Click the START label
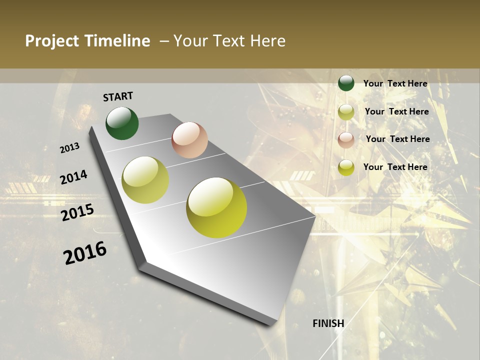(118, 96)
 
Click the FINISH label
(328, 323)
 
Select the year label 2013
(70, 148)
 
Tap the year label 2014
(73, 177)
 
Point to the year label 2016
(85, 253)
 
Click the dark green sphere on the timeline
(122, 123)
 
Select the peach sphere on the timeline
(189, 140)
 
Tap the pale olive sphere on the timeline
(145, 180)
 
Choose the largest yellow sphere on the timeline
(216, 207)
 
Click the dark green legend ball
(346, 83)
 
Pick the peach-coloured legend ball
(346, 139)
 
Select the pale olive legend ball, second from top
(346, 111)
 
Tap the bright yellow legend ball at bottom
(346, 167)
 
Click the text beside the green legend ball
(395, 83)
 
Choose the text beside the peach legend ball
(397, 139)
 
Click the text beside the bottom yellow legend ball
(395, 167)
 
